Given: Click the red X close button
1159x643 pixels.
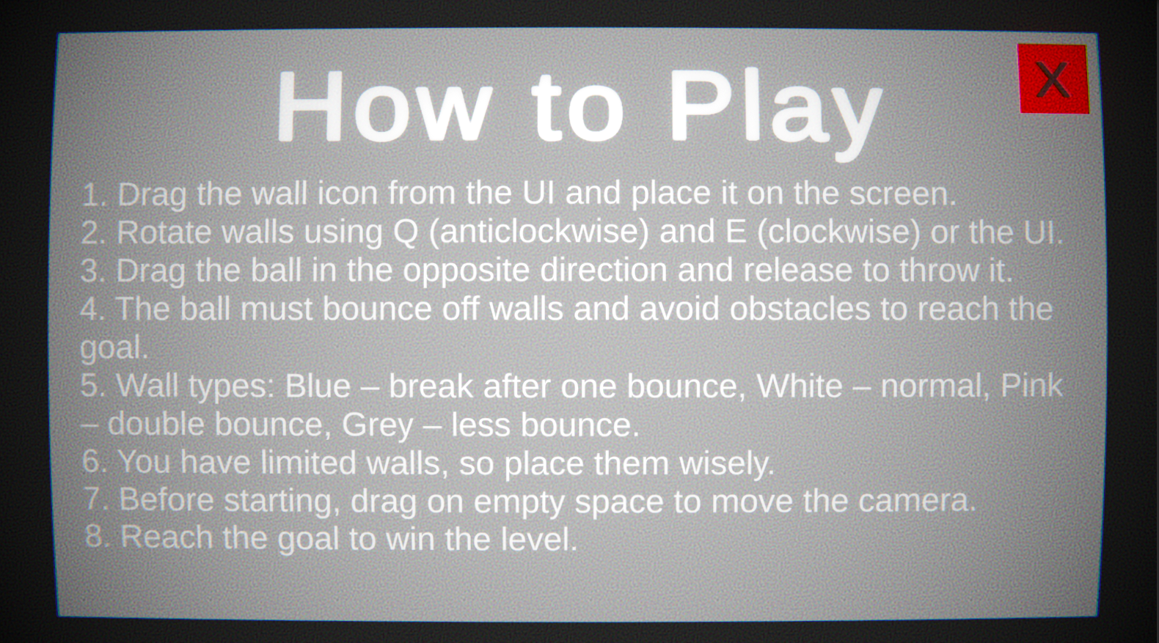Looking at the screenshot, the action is click(1053, 78).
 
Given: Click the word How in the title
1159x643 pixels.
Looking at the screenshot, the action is click(384, 107).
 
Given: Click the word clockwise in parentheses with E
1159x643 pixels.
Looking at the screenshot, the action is click(838, 232).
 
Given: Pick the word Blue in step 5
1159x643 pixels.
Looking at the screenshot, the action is click(318, 386).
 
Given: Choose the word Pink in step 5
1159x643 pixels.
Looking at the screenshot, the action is click(1031, 386).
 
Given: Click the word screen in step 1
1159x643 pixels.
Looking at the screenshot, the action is click(902, 194).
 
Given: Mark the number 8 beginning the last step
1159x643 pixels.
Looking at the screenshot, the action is click(94, 537).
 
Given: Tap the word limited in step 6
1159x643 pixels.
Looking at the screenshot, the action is click(308, 463).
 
